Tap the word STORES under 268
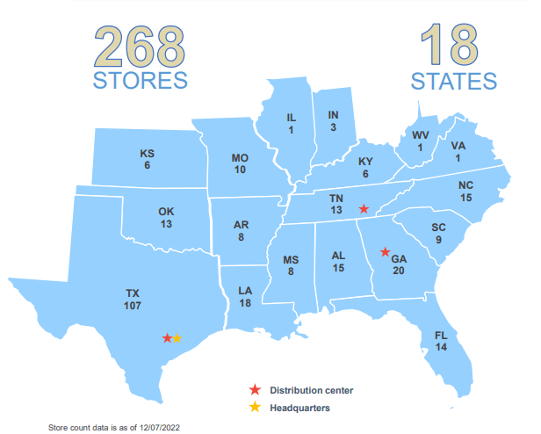pyautogui.click(x=141, y=81)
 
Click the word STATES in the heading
pyautogui.click(x=454, y=81)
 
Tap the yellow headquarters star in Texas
pyautogui.click(x=177, y=338)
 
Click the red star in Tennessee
pyautogui.click(x=364, y=209)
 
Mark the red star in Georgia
pyautogui.click(x=384, y=252)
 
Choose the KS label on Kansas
pyautogui.click(x=147, y=154)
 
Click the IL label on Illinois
pyautogui.click(x=291, y=118)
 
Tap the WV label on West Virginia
pyautogui.click(x=420, y=135)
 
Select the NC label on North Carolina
pyautogui.click(x=465, y=186)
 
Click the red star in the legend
pyautogui.click(x=255, y=389)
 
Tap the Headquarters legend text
pyautogui.click(x=299, y=408)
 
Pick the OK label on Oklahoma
pyautogui.click(x=166, y=211)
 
